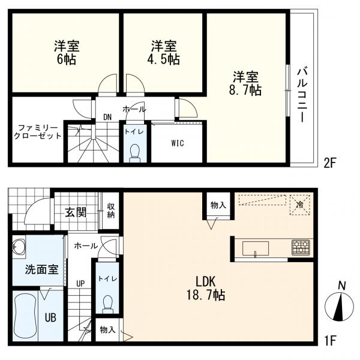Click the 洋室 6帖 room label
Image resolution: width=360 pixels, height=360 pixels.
pyautogui.click(x=67, y=53)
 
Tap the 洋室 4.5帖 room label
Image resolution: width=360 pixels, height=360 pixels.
pyautogui.click(x=164, y=53)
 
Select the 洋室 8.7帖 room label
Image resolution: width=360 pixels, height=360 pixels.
pyautogui.click(x=247, y=83)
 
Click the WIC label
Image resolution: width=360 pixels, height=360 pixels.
pyautogui.click(x=177, y=143)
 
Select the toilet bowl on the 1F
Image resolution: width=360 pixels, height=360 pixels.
pyautogui.click(x=108, y=304)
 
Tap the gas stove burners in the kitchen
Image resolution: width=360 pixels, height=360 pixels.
pyautogui.click(x=301, y=247)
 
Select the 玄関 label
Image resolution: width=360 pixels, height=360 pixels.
pyautogui.click(x=76, y=212)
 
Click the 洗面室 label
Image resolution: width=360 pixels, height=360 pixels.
pyautogui.click(x=41, y=269)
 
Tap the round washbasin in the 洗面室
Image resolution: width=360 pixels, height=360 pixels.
pyautogui.click(x=19, y=246)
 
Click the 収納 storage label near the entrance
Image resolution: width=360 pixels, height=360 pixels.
pyautogui.click(x=111, y=212)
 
